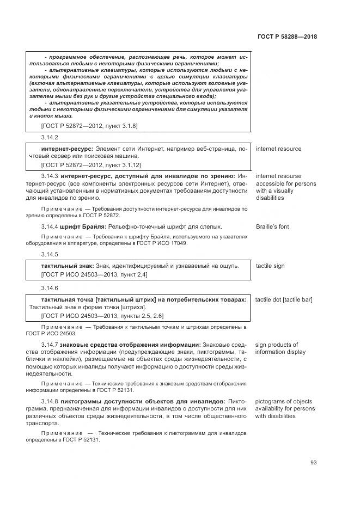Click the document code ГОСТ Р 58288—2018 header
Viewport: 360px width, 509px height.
(287, 37)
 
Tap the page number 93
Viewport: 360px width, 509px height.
(314, 463)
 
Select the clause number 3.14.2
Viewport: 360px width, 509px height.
(49, 137)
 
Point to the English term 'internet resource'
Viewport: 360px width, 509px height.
(278, 149)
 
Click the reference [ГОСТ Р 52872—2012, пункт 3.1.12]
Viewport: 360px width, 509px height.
(91, 164)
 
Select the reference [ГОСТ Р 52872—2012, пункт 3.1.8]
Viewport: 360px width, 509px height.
(89, 126)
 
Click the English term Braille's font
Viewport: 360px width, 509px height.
(272, 226)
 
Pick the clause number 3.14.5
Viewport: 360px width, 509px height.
(49, 254)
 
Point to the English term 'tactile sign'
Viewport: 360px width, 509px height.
(270, 266)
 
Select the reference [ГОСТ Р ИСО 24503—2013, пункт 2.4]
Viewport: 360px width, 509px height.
(94, 274)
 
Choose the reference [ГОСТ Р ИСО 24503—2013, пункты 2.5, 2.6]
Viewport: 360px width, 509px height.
(102, 316)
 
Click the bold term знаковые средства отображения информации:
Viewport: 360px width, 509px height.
(130, 345)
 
